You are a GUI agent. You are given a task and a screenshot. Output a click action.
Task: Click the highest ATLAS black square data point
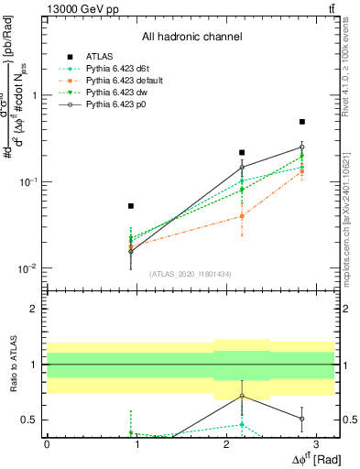[302, 122]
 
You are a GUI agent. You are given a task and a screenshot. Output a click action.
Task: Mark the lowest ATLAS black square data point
[131, 206]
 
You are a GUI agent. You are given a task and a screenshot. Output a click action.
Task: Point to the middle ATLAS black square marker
[242, 152]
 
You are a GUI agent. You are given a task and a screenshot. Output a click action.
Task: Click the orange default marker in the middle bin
[242, 216]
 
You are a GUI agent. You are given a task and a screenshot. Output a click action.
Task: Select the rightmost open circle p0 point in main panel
[302, 147]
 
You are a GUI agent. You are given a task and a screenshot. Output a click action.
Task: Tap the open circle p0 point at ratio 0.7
[242, 397]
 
